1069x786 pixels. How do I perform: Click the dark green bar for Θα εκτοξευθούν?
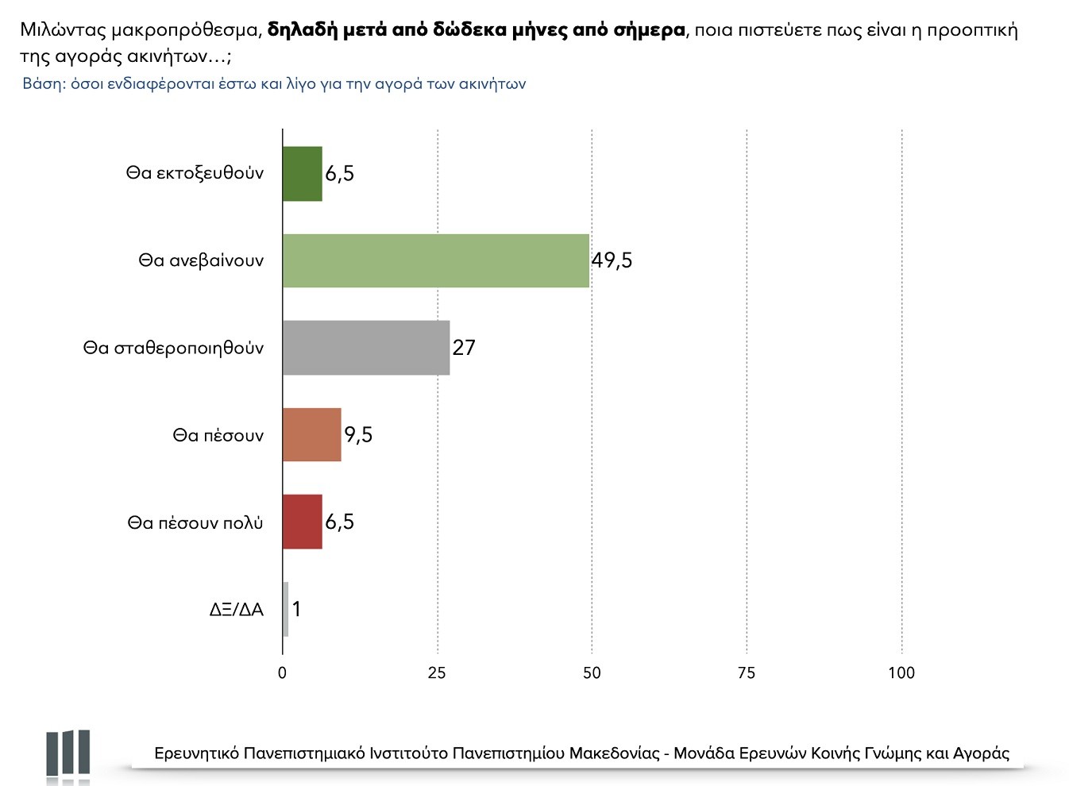[303, 174]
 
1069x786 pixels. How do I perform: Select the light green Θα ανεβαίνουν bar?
[436, 260]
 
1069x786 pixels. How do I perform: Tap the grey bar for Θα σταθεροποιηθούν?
[366, 348]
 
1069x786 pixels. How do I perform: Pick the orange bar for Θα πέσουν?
[312, 435]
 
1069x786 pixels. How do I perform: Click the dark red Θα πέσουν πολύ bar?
[303, 522]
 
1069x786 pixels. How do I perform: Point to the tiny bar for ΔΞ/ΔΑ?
[286, 609]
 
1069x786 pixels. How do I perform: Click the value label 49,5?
[612, 260]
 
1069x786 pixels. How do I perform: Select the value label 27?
[464, 348]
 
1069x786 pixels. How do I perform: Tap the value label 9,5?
[358, 435]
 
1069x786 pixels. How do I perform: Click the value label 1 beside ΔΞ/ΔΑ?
[296, 609]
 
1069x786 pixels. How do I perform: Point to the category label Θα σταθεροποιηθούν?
[173, 348]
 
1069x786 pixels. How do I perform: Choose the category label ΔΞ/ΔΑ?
[237, 610]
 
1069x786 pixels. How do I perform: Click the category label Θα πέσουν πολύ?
[195, 522]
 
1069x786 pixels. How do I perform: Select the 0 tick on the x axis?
[283, 673]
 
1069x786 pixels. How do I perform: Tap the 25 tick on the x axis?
[437, 673]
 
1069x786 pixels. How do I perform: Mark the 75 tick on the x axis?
[747, 673]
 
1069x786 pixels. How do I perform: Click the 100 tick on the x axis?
[901, 673]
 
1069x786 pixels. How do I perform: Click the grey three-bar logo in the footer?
[68, 753]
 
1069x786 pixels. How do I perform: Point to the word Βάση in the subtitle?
[42, 83]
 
